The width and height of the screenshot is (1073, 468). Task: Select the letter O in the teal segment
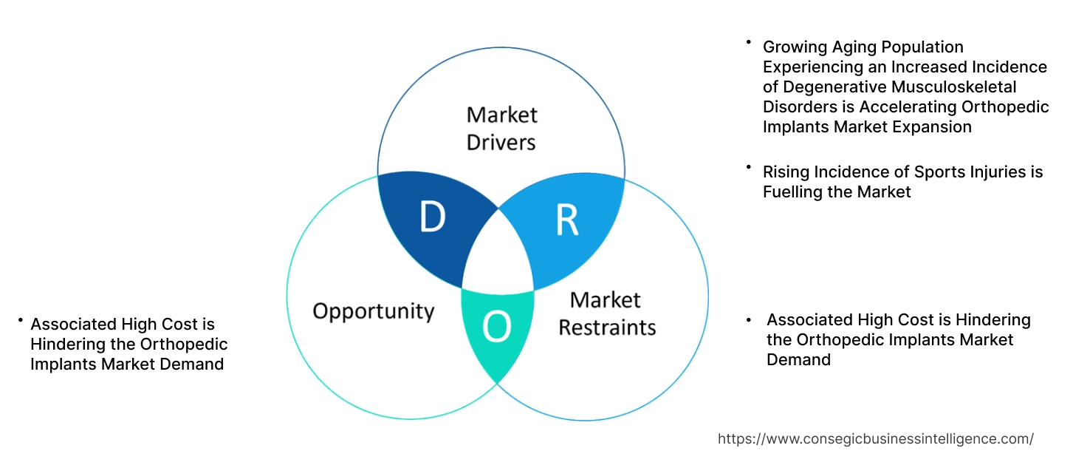497,326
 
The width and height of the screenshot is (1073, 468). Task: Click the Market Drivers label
501,128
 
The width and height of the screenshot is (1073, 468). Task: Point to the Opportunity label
373,311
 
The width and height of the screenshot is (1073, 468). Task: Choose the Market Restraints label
606,313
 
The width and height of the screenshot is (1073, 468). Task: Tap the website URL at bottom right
875,438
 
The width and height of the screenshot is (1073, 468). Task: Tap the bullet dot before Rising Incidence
748,167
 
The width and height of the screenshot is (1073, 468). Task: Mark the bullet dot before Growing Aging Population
748,42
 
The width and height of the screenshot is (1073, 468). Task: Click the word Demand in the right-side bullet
798,359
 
